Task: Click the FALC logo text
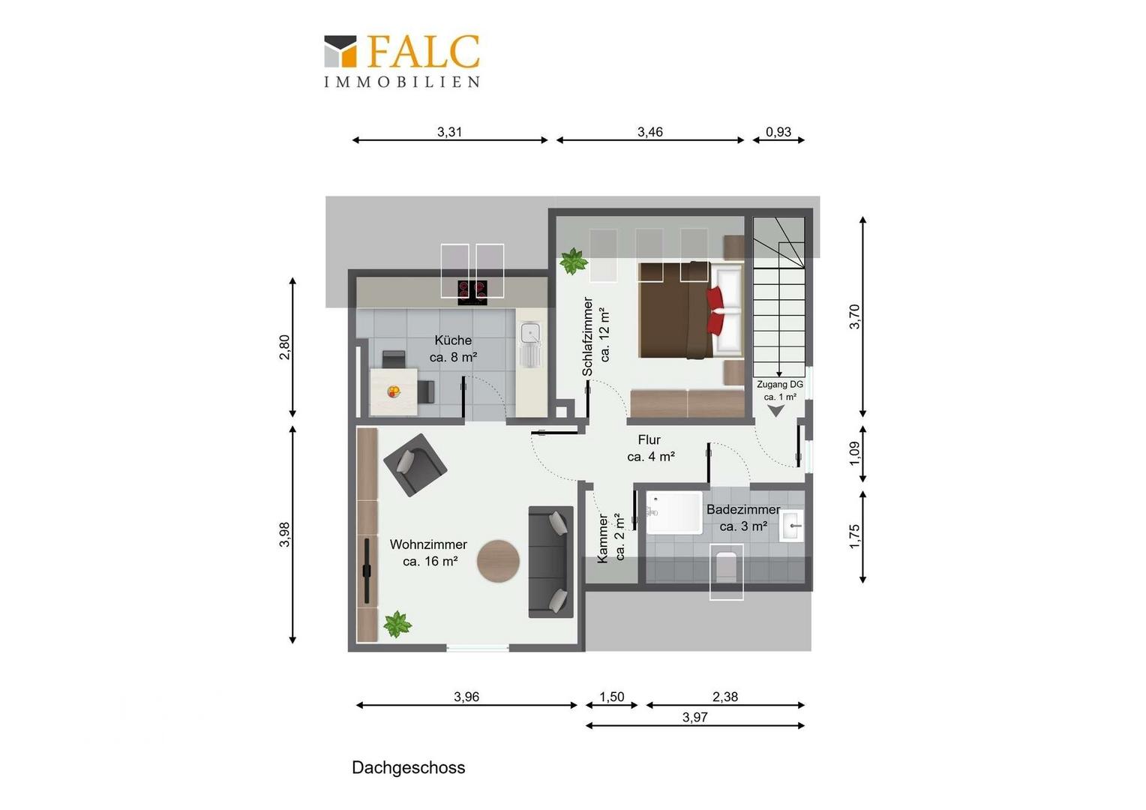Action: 423,52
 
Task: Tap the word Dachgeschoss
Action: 408,767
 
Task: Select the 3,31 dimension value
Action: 449,132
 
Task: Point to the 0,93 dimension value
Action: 778,132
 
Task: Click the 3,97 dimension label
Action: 694,718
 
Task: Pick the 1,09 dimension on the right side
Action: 853,454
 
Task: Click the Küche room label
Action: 453,340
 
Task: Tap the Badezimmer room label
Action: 743,509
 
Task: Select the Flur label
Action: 649,439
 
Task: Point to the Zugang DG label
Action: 780,384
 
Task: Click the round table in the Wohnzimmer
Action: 498,561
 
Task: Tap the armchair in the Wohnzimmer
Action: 415,465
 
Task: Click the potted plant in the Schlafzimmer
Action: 573,261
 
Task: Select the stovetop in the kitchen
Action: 472,292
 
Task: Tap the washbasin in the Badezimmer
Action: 791,526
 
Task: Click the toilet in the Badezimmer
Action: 727,568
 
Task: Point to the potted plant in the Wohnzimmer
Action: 397,624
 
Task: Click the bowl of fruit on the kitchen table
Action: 394,392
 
